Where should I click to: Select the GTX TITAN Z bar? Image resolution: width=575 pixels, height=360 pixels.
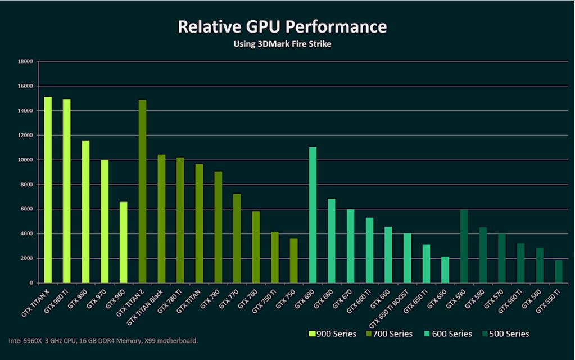(x=142, y=191)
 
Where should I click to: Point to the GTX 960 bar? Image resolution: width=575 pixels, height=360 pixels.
(x=123, y=242)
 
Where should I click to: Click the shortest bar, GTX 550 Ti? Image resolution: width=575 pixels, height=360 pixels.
(x=558, y=272)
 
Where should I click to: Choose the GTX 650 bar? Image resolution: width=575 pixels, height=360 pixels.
(x=445, y=269)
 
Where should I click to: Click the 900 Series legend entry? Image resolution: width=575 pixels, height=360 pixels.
(x=333, y=334)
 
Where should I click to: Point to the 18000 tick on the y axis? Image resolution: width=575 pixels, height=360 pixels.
(x=25, y=61)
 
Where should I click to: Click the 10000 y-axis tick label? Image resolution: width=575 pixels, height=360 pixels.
(x=25, y=160)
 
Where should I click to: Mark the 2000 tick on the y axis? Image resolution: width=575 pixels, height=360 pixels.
(x=27, y=258)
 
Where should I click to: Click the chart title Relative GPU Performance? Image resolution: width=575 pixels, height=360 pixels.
(x=282, y=26)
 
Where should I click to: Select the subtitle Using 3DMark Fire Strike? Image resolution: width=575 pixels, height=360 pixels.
(x=282, y=44)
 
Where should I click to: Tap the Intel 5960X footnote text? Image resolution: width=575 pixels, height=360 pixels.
(x=103, y=341)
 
